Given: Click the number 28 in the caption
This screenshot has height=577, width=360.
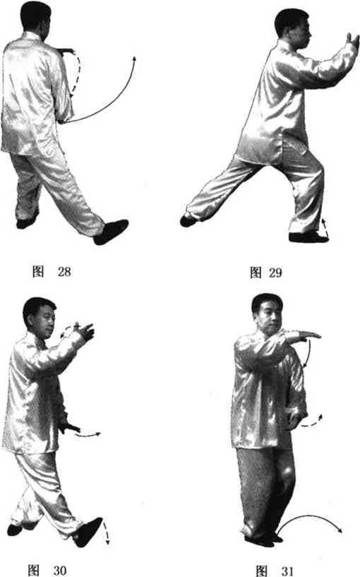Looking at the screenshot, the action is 64,272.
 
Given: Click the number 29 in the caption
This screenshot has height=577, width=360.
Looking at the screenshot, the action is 275,273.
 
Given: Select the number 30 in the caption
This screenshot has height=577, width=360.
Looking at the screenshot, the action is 60,570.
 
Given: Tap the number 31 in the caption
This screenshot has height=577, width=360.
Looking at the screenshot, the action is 287,571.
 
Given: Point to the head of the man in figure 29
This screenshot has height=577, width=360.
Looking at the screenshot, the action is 293,29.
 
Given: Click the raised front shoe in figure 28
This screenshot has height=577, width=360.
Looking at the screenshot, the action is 111,232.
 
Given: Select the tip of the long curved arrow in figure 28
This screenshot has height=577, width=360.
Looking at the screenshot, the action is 135,57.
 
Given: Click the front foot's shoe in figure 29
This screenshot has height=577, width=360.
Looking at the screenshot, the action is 308,237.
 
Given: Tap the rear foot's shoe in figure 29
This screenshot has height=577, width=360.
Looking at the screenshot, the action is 190,220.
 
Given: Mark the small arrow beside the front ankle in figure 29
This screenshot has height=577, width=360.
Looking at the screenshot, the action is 325,227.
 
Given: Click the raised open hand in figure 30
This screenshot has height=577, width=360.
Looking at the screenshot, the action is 85,331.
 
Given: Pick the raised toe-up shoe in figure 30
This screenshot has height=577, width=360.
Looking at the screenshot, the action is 88,532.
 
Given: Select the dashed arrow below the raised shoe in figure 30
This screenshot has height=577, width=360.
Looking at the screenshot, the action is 107,533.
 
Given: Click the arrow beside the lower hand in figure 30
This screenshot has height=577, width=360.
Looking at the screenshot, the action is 88,434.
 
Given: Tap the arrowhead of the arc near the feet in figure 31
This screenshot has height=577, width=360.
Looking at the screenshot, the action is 340,530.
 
